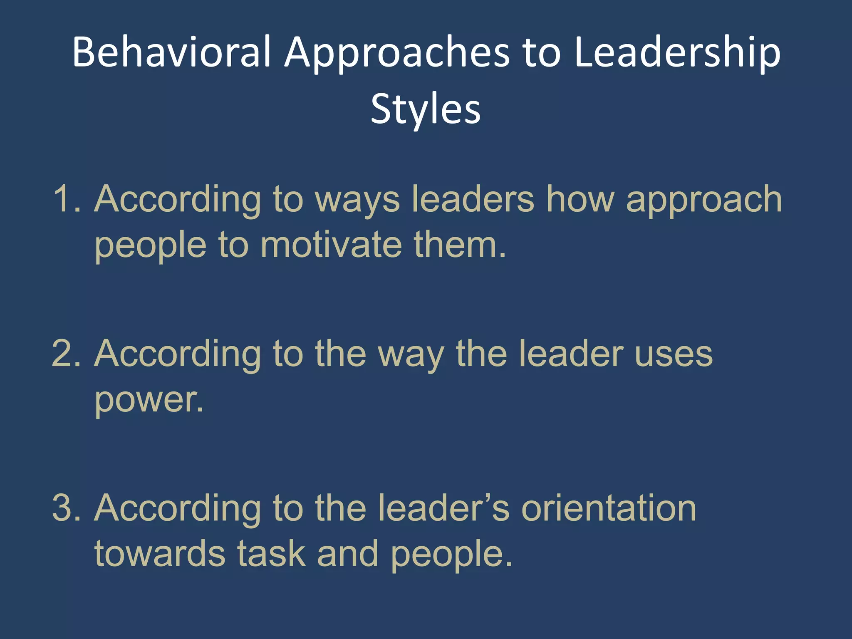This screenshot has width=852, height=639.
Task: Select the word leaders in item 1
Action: coord(473,199)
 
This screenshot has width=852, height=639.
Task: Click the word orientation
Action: coord(609,508)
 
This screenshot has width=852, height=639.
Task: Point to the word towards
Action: coord(160,553)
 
